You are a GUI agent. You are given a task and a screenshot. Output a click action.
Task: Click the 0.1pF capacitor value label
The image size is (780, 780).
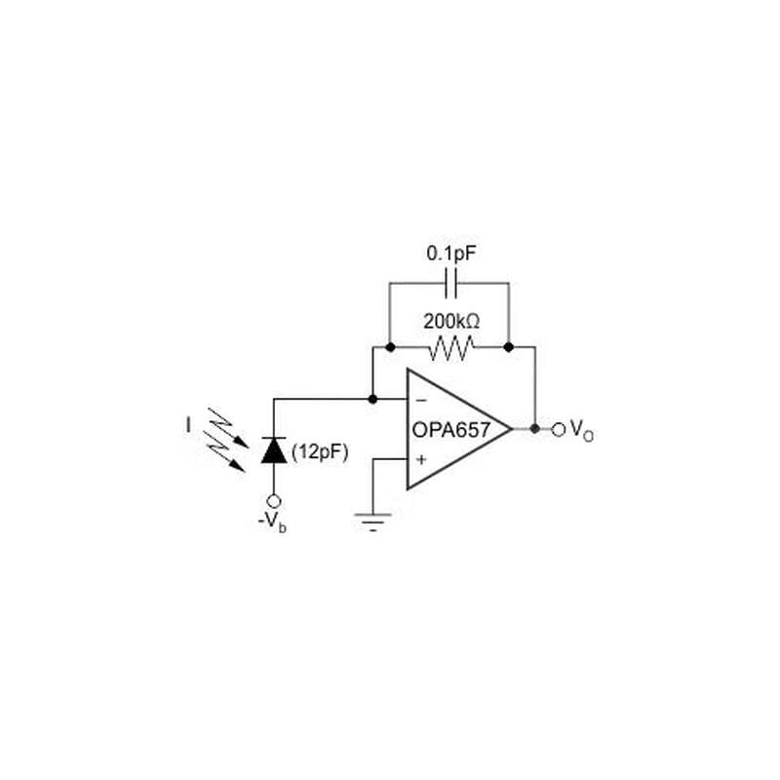click(x=449, y=253)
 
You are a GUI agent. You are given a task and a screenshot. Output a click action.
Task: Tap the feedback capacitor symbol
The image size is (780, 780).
click(x=449, y=284)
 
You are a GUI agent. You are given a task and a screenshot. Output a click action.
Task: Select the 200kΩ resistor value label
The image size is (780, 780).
click(x=451, y=320)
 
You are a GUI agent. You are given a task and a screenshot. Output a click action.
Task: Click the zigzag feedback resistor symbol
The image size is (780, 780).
click(x=450, y=346)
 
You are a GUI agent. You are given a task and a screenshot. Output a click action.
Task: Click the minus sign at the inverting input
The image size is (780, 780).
click(x=420, y=400)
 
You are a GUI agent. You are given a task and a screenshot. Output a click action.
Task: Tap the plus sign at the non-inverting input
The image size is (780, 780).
click(x=420, y=458)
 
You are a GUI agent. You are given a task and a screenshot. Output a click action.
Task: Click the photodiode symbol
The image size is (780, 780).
click(x=273, y=449)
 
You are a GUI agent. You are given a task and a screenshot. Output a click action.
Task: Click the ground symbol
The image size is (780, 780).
click(x=372, y=520)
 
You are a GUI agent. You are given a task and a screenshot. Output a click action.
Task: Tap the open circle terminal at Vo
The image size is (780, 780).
click(x=559, y=428)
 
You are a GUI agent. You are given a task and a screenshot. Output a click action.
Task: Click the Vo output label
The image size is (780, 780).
click(x=581, y=429)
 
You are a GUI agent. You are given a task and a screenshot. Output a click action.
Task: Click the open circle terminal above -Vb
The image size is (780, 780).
click(x=273, y=500)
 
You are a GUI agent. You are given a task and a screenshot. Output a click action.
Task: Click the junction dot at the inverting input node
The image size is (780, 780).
click(x=372, y=399)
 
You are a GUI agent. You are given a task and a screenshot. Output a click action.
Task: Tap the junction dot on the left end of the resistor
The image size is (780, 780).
click(x=390, y=346)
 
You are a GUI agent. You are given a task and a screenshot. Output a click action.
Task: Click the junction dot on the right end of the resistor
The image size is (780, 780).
click(x=508, y=346)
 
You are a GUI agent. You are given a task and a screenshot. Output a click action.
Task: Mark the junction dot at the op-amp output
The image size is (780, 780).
click(x=534, y=428)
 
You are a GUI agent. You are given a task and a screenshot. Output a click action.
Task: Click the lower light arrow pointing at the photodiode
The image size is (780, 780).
click(x=230, y=457)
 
